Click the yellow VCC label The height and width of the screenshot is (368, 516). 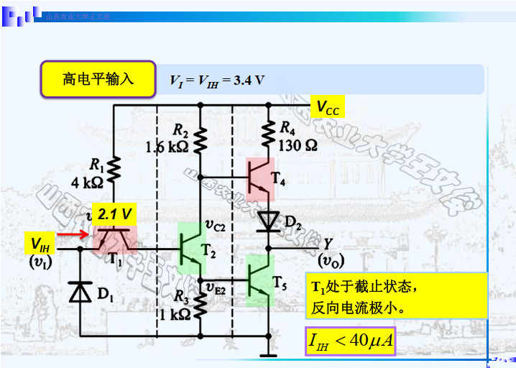click(328, 108)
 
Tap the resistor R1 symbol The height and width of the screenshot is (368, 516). click(114, 169)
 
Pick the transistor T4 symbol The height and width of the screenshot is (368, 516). click(259, 178)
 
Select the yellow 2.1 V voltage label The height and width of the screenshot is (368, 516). click(115, 213)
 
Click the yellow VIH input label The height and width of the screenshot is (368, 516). click(40, 244)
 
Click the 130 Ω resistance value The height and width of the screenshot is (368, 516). click(298, 144)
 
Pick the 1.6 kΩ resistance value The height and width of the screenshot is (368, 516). click(166, 147)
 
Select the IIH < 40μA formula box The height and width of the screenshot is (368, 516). click(350, 339)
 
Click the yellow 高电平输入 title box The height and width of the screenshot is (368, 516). click(98, 78)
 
